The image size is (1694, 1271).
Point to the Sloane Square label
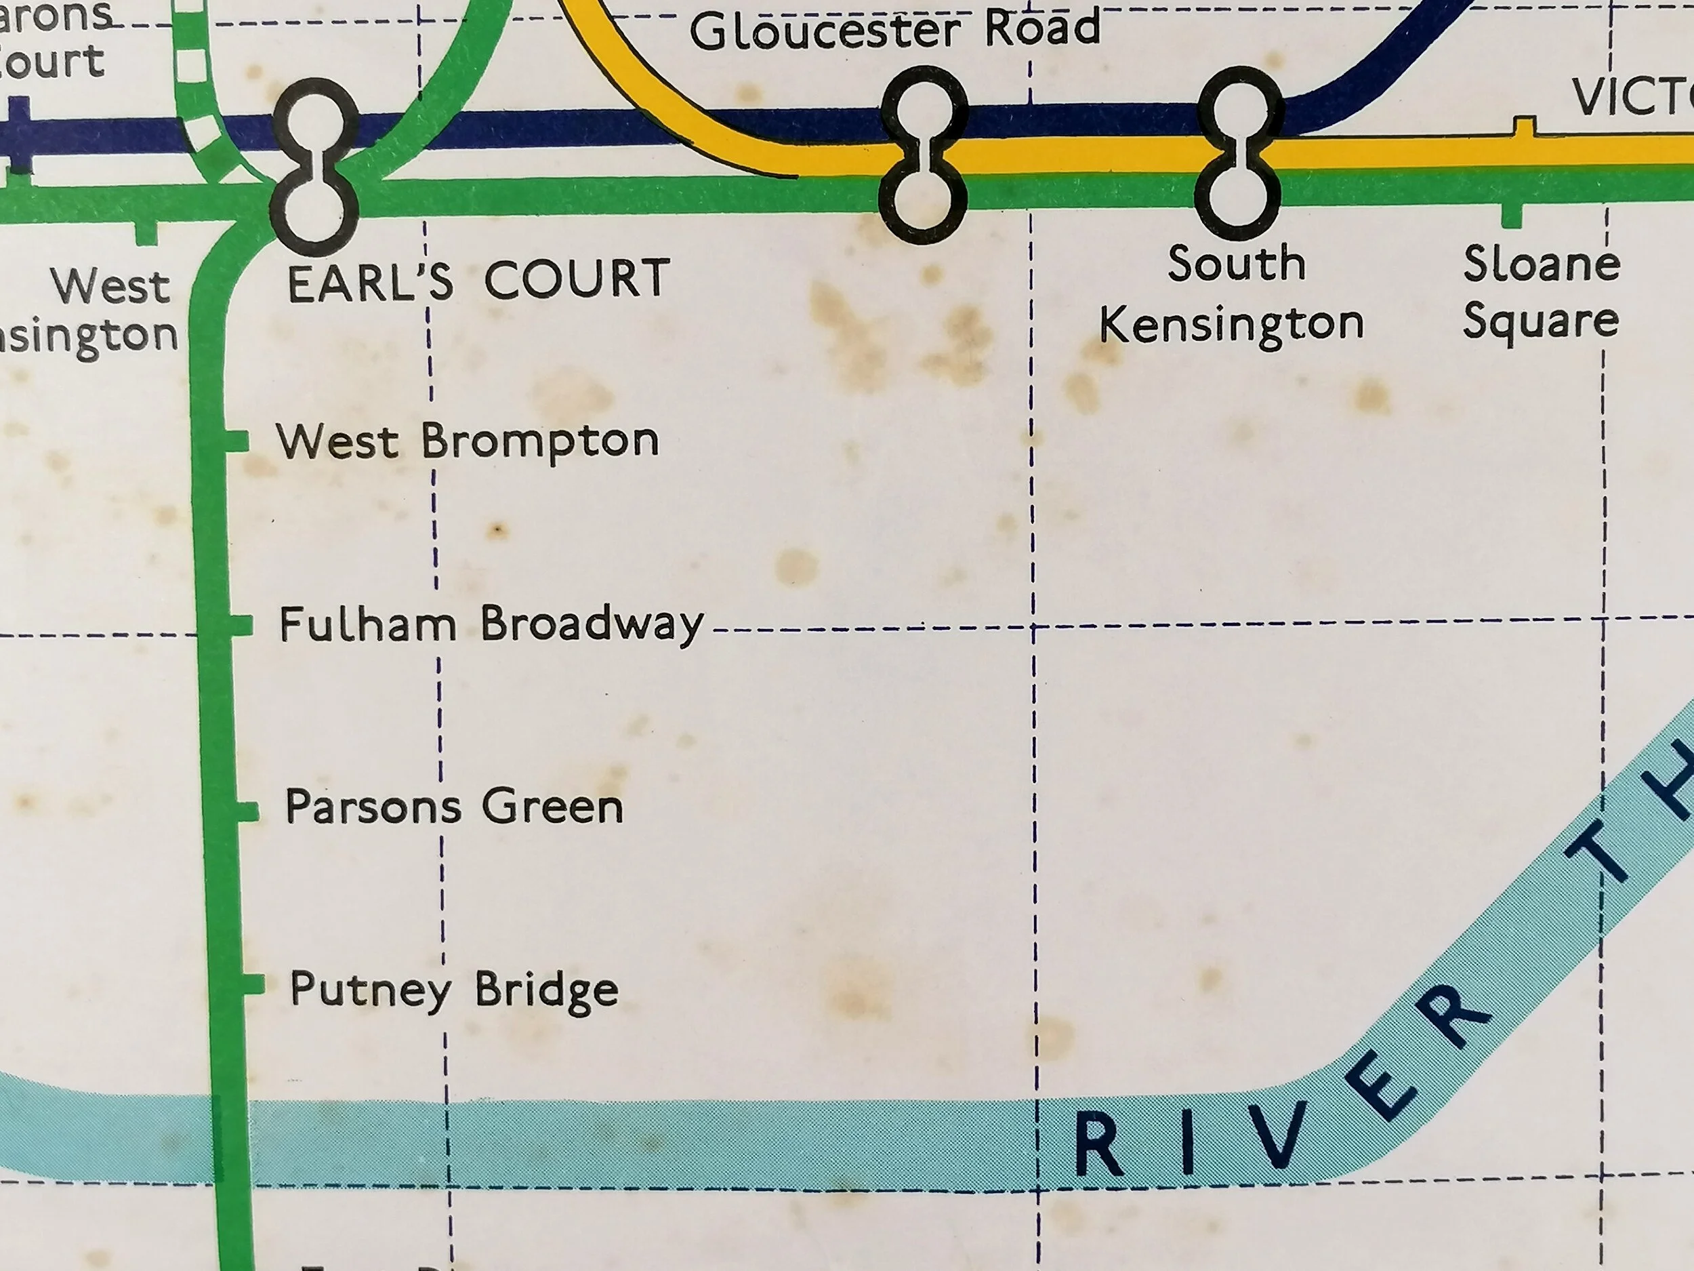click(1541, 293)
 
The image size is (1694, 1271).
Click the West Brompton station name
click(467, 442)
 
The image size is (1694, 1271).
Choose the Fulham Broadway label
click(491, 624)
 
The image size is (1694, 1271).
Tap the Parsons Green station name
click(454, 807)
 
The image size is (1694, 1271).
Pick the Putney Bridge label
click(454, 989)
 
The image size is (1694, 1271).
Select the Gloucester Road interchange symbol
click(924, 155)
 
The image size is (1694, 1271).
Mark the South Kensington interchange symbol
click(1237, 153)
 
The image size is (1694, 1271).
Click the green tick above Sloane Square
click(1511, 216)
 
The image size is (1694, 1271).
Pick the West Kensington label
click(92, 311)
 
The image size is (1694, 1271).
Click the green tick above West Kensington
click(146, 232)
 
